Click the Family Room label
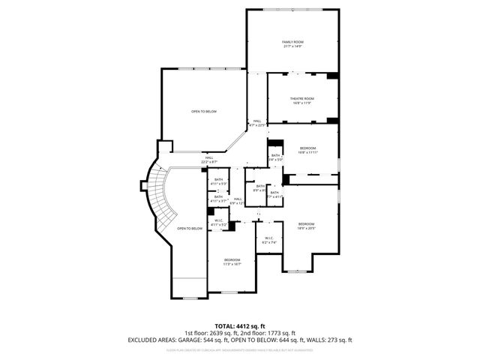(292, 41)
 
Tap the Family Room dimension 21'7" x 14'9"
(292, 46)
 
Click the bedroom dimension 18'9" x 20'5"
(305, 228)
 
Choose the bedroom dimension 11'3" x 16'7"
(231, 264)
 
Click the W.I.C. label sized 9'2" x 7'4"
(270, 239)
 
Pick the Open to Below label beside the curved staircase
(190, 228)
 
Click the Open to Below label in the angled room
(203, 111)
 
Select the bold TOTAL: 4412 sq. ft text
(239, 326)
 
